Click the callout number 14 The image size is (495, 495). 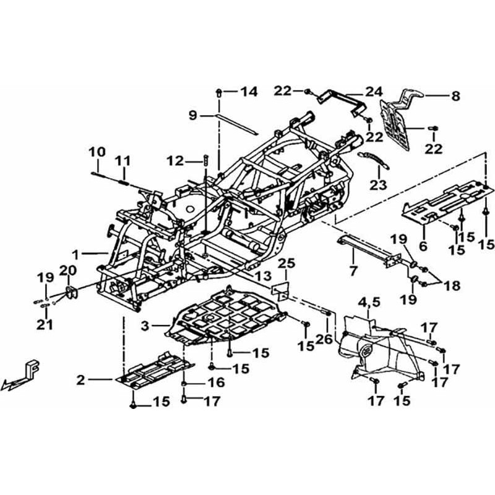pos(248,92)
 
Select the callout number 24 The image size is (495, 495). pos(374,92)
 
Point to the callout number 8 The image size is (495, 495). pos(455,96)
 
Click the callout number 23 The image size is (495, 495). pos(378,184)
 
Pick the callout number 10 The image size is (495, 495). pos(97,152)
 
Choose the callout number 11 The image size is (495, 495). pos(124,161)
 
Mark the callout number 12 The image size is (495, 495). pos(176,161)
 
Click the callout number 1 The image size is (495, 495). pos(75,254)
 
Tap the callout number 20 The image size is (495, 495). pos(67,270)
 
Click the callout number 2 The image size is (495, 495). pos(81,380)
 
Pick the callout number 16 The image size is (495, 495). pos(217,384)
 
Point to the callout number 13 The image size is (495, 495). pos(264,274)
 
